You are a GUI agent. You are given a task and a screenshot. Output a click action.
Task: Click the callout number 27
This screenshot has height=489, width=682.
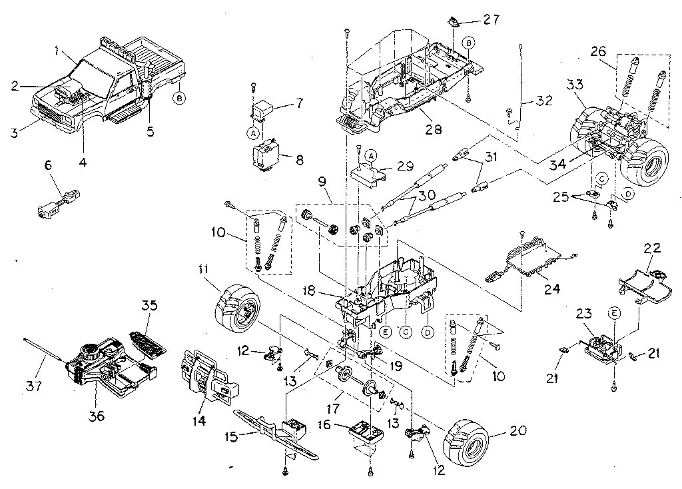tap(491, 19)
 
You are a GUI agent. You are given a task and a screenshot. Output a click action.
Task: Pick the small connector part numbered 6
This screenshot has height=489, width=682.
tap(59, 203)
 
